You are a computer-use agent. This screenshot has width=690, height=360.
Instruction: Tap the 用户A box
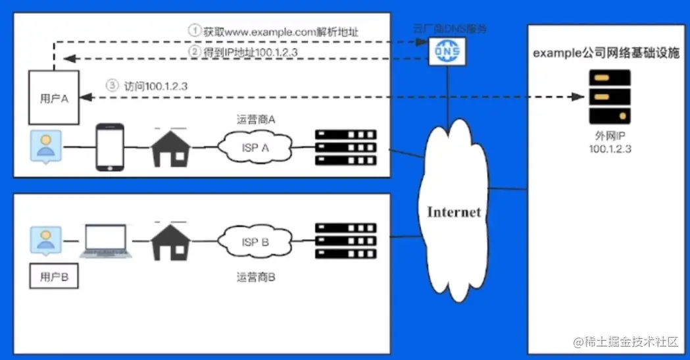tap(55, 97)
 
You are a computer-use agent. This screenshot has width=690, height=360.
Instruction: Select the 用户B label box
tap(55, 276)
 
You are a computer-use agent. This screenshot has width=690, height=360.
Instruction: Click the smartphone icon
tap(111, 147)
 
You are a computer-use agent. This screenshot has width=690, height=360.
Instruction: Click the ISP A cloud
tap(256, 148)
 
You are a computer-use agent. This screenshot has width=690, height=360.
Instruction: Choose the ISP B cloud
tap(256, 242)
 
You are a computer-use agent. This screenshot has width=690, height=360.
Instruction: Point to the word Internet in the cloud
tap(454, 213)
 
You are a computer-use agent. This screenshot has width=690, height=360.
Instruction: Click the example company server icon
tap(609, 97)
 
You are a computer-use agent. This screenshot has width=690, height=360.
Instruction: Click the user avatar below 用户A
tap(46, 147)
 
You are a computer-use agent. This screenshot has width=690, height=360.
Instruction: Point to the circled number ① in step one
tap(194, 30)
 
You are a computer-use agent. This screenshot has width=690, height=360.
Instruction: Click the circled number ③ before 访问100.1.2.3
tap(112, 85)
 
